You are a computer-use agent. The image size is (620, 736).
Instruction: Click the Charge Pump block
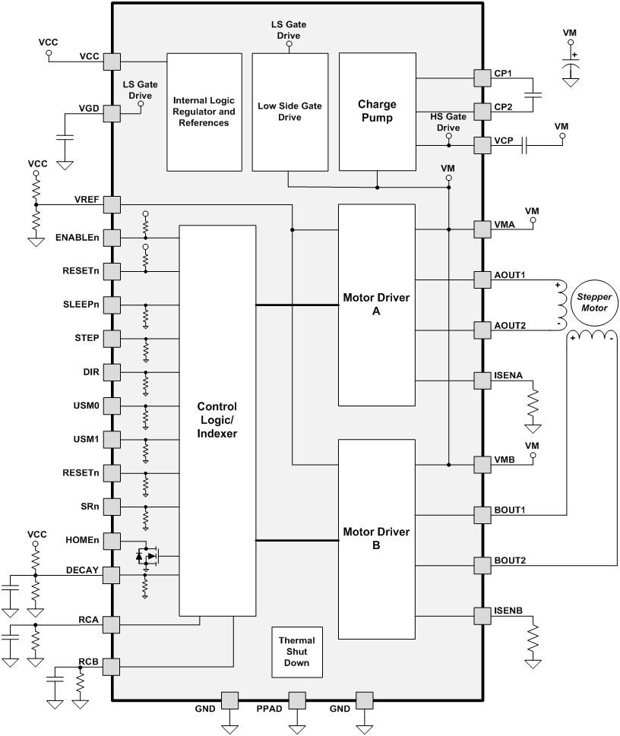pyautogui.click(x=377, y=112)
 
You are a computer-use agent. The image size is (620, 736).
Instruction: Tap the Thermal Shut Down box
pyautogui.click(x=296, y=652)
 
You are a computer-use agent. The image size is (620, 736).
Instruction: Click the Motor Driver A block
pyautogui.click(x=377, y=305)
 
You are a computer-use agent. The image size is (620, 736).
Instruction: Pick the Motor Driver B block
pyautogui.click(x=377, y=539)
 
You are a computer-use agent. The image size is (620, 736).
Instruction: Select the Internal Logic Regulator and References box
pyautogui.click(x=204, y=112)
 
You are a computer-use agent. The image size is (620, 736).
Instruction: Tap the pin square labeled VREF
pyautogui.click(x=112, y=204)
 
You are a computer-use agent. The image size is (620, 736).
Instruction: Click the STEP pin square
pyautogui.click(x=112, y=338)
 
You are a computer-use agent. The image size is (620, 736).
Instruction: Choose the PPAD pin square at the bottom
pyautogui.click(x=296, y=700)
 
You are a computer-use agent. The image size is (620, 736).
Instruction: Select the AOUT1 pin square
pyautogui.click(x=482, y=279)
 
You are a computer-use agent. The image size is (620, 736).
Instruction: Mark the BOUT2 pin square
pyautogui.click(x=482, y=565)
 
